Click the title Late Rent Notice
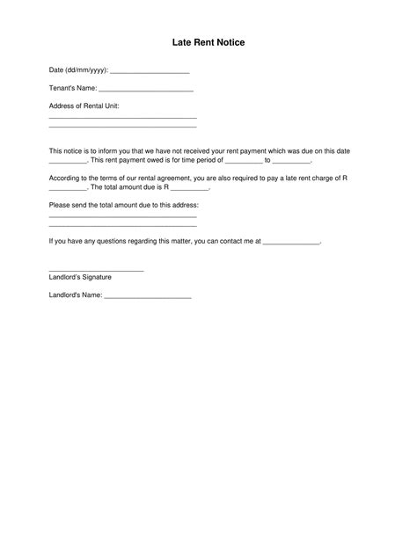208,42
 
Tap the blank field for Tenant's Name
146,90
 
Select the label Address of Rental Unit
84,106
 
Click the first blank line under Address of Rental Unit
122,117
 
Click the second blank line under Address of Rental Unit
122,127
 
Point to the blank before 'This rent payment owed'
68,163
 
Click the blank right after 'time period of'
244,163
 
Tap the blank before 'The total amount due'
68,189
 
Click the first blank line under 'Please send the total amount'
122,215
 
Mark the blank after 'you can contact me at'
292,241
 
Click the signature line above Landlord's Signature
96,270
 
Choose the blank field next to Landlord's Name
147,297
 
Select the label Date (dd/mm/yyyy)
78,70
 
